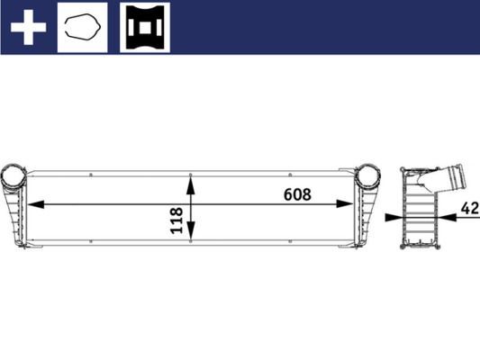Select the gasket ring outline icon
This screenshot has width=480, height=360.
click(82, 26)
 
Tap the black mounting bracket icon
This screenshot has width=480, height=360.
click(143, 26)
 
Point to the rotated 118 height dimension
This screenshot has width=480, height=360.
click(177, 221)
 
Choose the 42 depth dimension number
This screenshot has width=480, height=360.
click(468, 209)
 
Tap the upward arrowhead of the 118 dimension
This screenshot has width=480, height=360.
click(190, 183)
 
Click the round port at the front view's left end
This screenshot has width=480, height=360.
click(14, 176)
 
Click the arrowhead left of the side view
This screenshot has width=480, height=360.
click(393, 217)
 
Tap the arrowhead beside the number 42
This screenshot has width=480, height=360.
click(450, 217)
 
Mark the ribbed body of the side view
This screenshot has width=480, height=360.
click(418, 216)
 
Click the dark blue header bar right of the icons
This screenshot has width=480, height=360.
click(324, 26)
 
